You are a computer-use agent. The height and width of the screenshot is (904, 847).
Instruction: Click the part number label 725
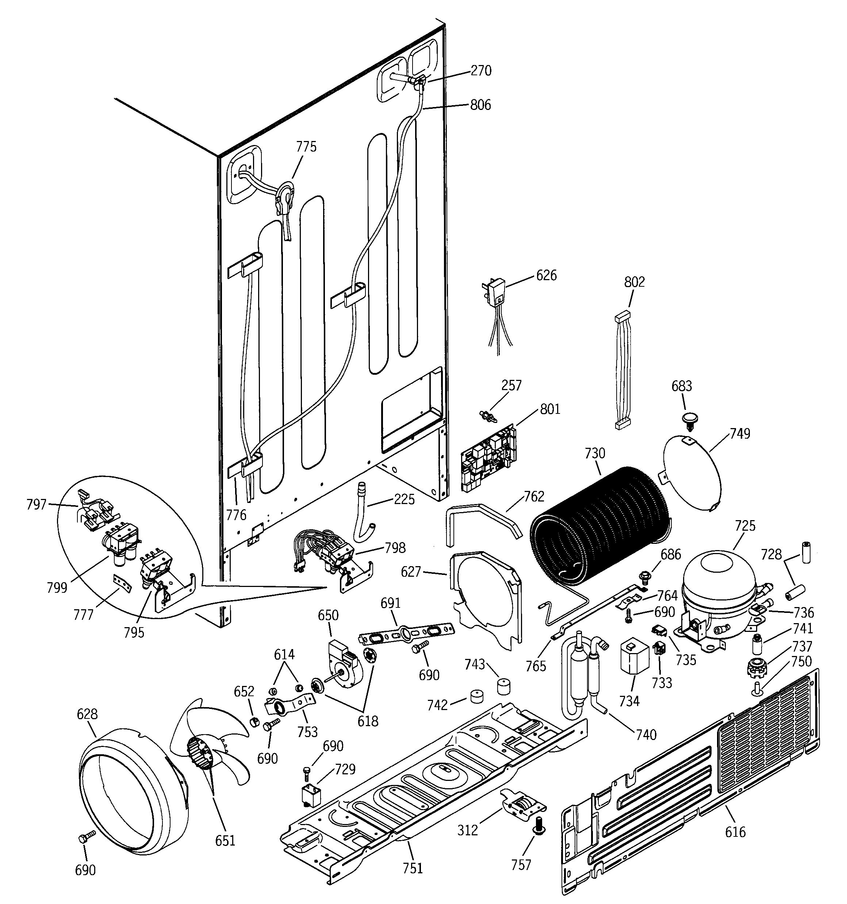[745, 526]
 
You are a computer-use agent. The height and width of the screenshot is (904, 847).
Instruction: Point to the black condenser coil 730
[600, 527]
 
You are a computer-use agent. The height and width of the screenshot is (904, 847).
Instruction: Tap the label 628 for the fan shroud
[87, 714]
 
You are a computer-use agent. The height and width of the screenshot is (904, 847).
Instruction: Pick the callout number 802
[634, 282]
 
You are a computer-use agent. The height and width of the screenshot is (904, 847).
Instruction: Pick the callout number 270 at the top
[481, 70]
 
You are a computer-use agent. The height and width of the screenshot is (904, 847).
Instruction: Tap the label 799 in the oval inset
[57, 588]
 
